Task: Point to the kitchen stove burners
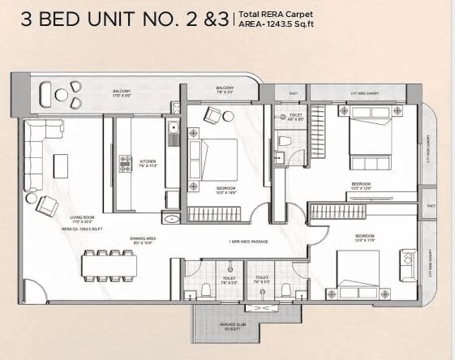click(126, 161)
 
